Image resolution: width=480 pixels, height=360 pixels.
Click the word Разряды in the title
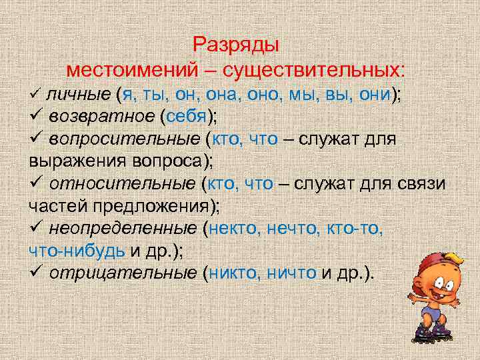coord(236,45)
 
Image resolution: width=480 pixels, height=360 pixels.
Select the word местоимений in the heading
coord(136,70)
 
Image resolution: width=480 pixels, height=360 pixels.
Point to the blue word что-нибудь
coord(77,251)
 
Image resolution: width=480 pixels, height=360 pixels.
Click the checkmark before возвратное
coord(36,118)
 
